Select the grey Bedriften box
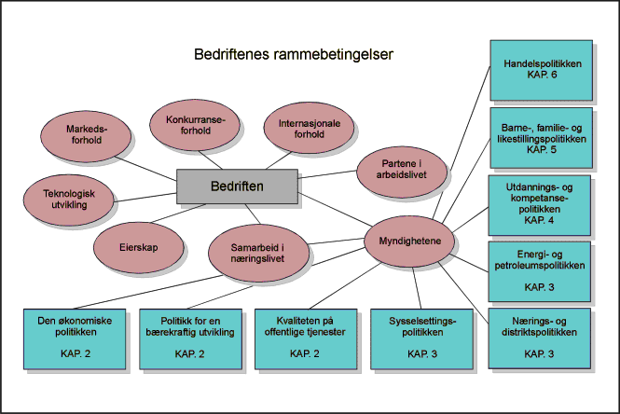point(237,186)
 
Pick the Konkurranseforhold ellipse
point(195,125)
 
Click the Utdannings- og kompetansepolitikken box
point(540,204)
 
